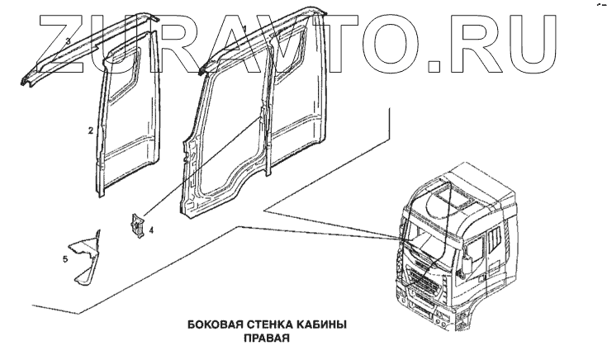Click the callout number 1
pyautogui.click(x=244, y=29)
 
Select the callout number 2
pyautogui.click(x=91, y=130)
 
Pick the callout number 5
pyautogui.click(x=64, y=259)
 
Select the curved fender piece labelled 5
pyautogui.click(x=85, y=255)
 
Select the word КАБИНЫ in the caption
pyautogui.click(x=315, y=324)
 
